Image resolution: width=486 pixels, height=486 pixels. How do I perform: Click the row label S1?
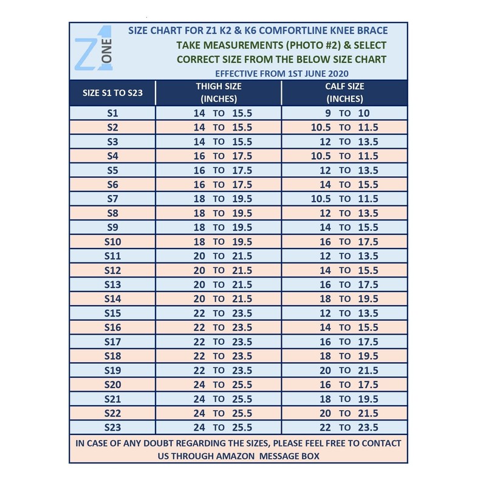click(x=112, y=114)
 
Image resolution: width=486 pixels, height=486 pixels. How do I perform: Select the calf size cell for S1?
click(x=344, y=114)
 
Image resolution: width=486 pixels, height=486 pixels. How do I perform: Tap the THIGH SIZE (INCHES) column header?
click(x=219, y=92)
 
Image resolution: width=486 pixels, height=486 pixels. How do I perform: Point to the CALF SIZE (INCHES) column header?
click(x=344, y=92)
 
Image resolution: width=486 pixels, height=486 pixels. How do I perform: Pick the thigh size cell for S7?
click(x=219, y=199)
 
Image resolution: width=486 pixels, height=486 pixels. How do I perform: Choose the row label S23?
click(x=112, y=427)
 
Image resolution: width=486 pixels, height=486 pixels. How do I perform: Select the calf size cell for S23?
click(x=344, y=427)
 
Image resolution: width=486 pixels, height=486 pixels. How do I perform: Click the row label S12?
click(x=112, y=270)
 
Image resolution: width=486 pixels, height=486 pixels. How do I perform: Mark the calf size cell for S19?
click(x=344, y=370)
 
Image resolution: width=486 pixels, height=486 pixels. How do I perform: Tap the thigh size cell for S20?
click(x=219, y=385)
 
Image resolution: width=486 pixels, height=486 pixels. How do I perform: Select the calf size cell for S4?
click(x=344, y=156)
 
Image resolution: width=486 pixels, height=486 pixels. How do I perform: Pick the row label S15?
click(x=112, y=313)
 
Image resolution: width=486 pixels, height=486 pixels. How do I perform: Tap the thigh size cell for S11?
click(x=219, y=256)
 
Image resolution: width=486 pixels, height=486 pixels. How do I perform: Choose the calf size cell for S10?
click(x=344, y=242)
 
